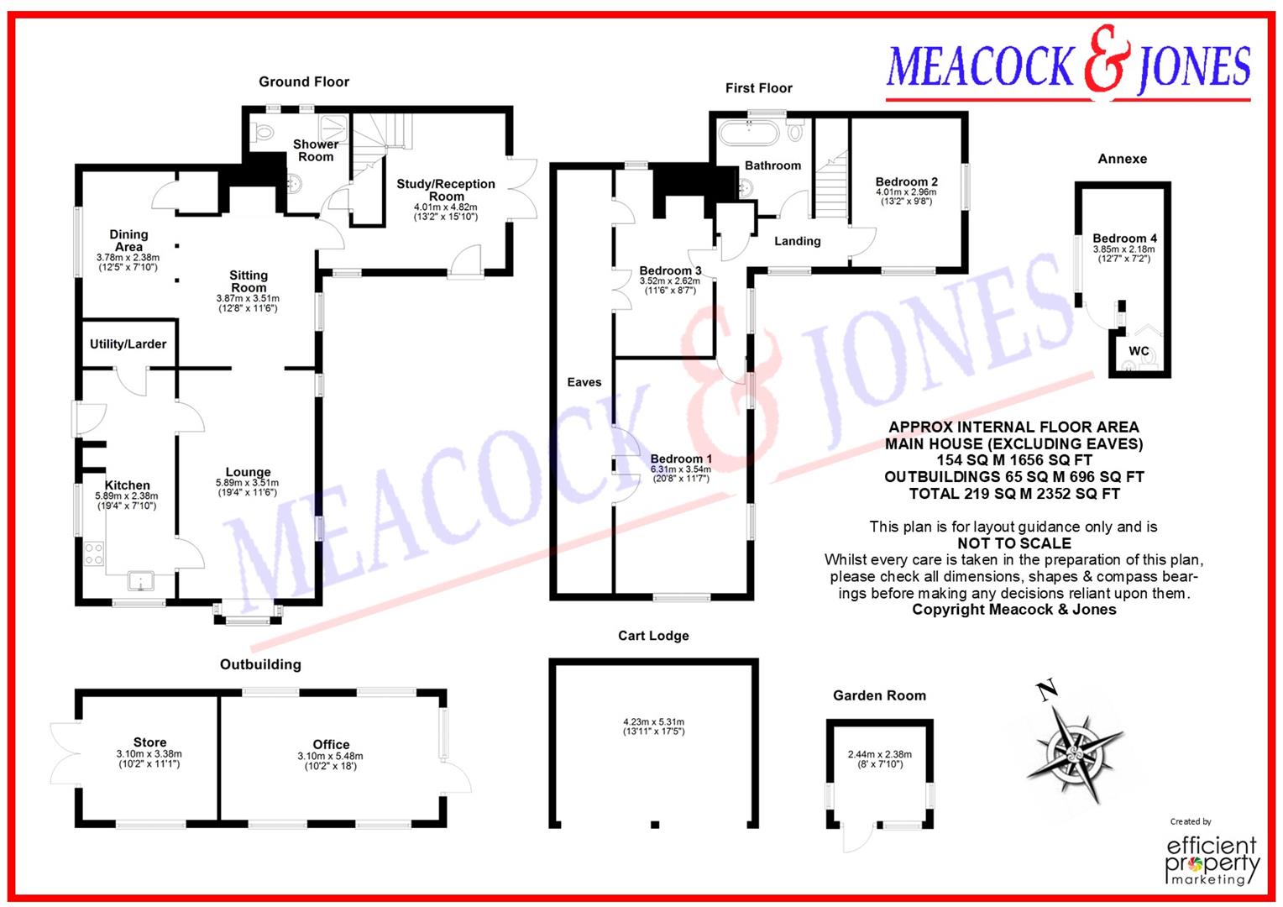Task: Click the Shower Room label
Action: point(316,150)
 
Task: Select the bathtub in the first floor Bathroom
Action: point(749,133)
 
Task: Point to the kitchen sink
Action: point(140,581)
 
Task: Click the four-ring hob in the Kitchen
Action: point(94,553)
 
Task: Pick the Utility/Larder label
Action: point(128,343)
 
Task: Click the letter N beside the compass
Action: point(1047,690)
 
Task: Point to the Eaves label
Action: point(584,382)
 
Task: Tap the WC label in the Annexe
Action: point(1139,351)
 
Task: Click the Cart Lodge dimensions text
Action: point(653,726)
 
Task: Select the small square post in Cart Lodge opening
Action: point(655,825)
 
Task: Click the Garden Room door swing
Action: point(858,839)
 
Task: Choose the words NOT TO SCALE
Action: point(1014,543)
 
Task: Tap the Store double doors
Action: point(64,752)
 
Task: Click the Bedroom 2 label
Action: point(907,181)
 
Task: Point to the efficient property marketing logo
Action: point(1212,859)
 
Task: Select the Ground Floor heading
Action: point(304,82)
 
